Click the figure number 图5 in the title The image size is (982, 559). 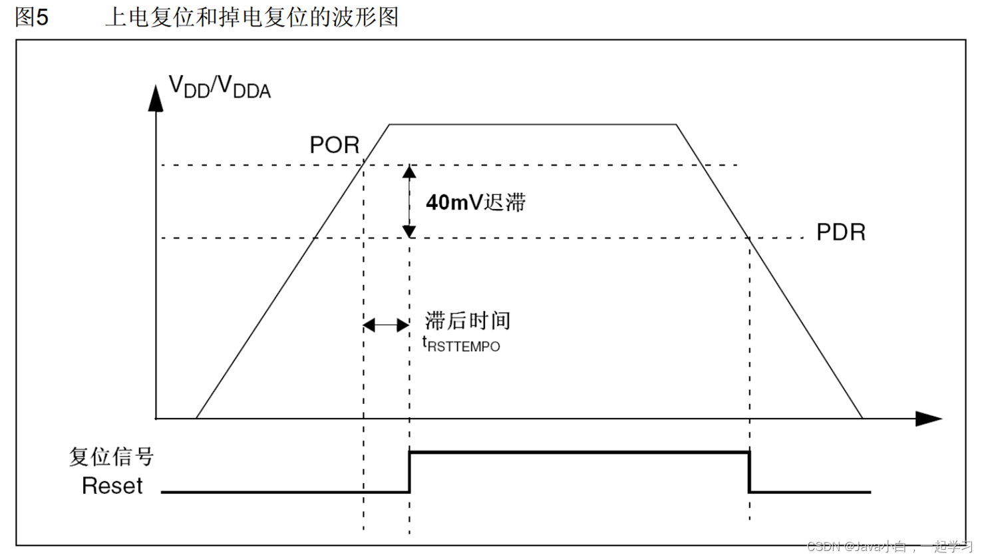coord(31,17)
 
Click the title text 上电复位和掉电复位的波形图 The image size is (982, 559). coord(251,17)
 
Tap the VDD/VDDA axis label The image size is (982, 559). coord(220,87)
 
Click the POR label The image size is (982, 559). coord(334,145)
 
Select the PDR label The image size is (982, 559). coord(841,232)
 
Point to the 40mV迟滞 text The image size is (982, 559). coord(476,202)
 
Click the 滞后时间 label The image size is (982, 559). coord(468,321)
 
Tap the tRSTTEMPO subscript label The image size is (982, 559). coord(462,345)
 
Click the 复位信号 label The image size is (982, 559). coord(111,457)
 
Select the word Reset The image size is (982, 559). coord(112,486)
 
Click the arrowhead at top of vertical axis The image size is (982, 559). coord(156,98)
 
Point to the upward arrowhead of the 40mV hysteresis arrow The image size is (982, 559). coord(409,172)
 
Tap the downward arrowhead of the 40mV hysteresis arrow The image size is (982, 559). coord(409,231)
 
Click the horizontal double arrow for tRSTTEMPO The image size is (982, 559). coord(386,325)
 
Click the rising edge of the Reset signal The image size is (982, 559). coord(409,472)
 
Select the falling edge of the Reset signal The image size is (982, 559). coord(749,472)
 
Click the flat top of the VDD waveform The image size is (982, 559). coord(532,124)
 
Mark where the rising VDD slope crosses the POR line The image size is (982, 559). coord(363,165)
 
